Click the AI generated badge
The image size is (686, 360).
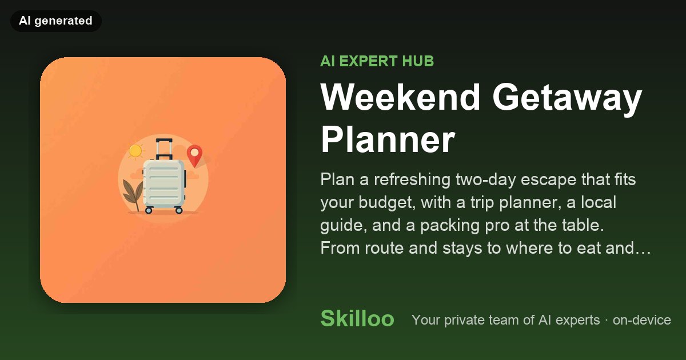[x=56, y=21]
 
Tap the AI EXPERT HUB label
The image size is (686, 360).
[x=377, y=61]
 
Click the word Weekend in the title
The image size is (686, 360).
[x=400, y=97]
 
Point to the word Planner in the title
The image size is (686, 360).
[x=388, y=140]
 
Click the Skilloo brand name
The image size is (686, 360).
[x=357, y=318]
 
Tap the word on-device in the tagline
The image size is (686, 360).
[x=642, y=320]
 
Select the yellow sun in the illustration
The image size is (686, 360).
[x=135, y=151]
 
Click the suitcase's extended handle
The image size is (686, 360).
[x=164, y=149]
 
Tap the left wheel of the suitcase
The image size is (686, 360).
[x=149, y=210]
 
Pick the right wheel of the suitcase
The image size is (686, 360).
[x=178, y=210]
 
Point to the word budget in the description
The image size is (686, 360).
[x=387, y=203]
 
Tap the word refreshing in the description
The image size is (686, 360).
[x=412, y=179]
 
